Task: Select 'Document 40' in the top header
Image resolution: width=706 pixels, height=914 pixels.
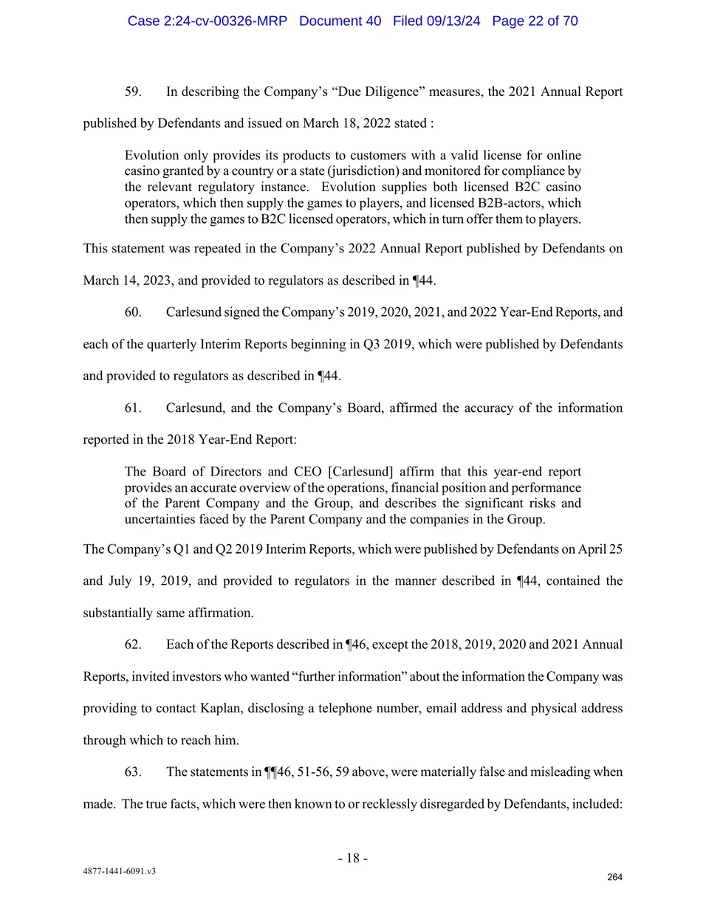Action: [340, 21]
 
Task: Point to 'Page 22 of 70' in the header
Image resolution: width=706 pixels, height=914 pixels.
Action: [535, 21]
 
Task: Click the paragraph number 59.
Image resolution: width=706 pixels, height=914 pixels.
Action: [133, 92]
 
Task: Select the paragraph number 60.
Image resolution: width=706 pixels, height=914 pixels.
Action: [133, 312]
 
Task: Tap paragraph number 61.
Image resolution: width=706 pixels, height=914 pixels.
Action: [133, 408]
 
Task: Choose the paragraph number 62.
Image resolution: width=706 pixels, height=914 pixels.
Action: [133, 644]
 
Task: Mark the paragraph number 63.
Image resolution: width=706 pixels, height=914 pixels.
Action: [133, 772]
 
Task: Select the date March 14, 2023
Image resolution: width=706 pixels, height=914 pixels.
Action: [128, 281]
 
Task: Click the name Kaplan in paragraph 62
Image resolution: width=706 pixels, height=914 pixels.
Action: [219, 708]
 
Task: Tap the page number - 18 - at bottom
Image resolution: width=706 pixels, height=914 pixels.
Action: [353, 858]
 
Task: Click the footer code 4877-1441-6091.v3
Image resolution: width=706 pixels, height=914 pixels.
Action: [119, 871]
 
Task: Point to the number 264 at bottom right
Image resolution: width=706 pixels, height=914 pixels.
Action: [614, 877]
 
